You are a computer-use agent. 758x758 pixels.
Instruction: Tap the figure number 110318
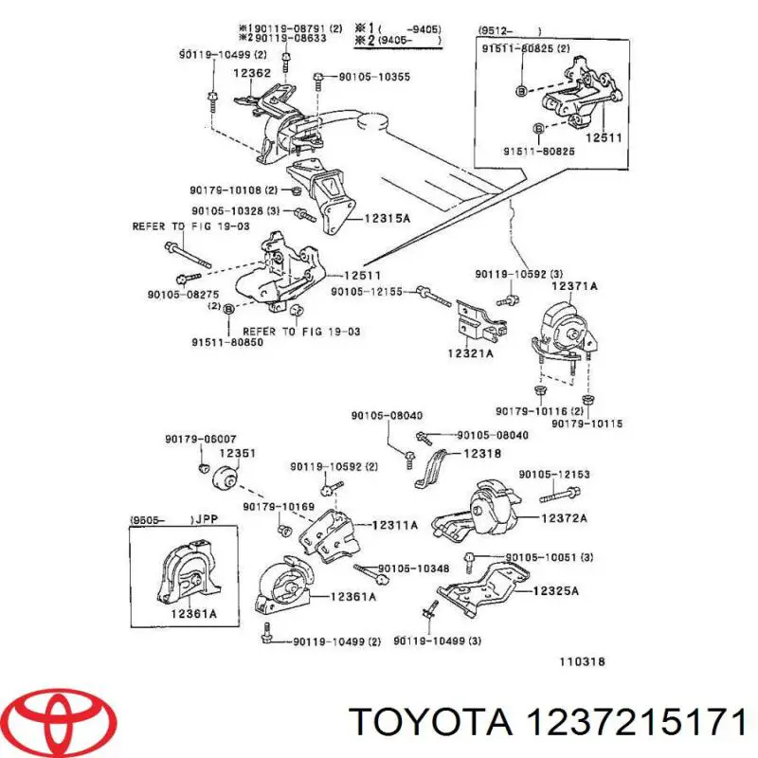[581, 662]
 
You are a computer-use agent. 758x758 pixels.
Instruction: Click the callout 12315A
[388, 218]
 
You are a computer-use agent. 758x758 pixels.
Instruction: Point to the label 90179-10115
[590, 424]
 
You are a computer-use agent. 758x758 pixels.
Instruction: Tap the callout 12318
[480, 455]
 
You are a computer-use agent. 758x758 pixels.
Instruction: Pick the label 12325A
[556, 591]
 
